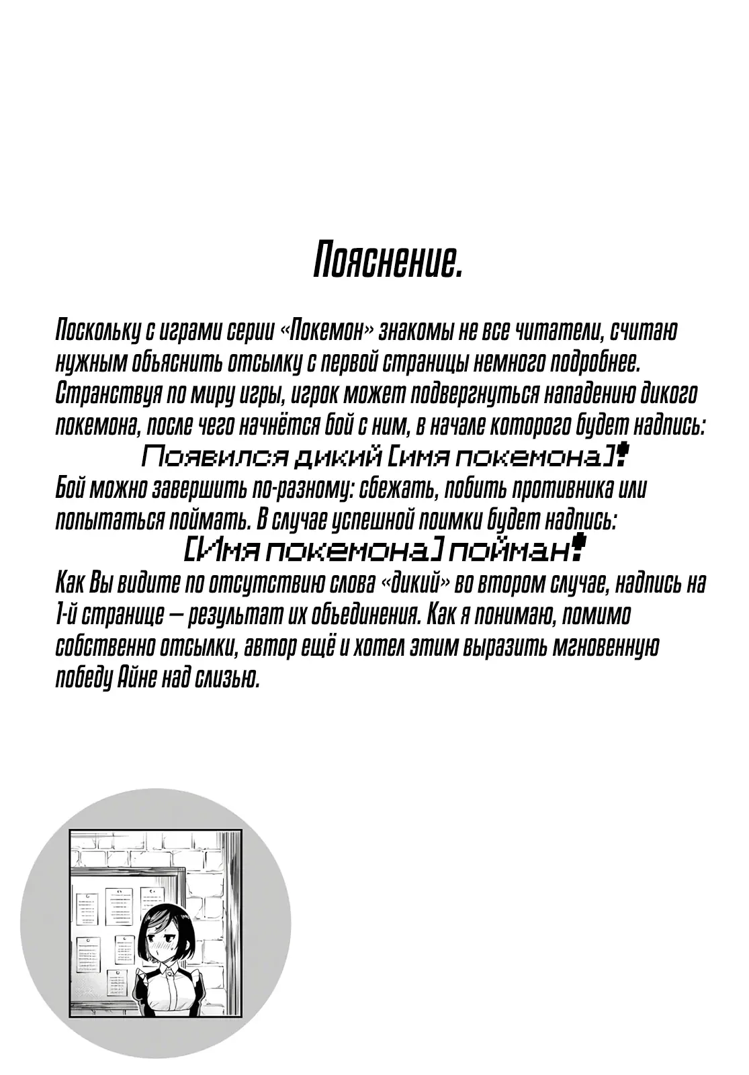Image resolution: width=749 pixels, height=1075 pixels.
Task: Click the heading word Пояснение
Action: click(x=388, y=262)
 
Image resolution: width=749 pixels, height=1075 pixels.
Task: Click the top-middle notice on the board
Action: click(x=119, y=906)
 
